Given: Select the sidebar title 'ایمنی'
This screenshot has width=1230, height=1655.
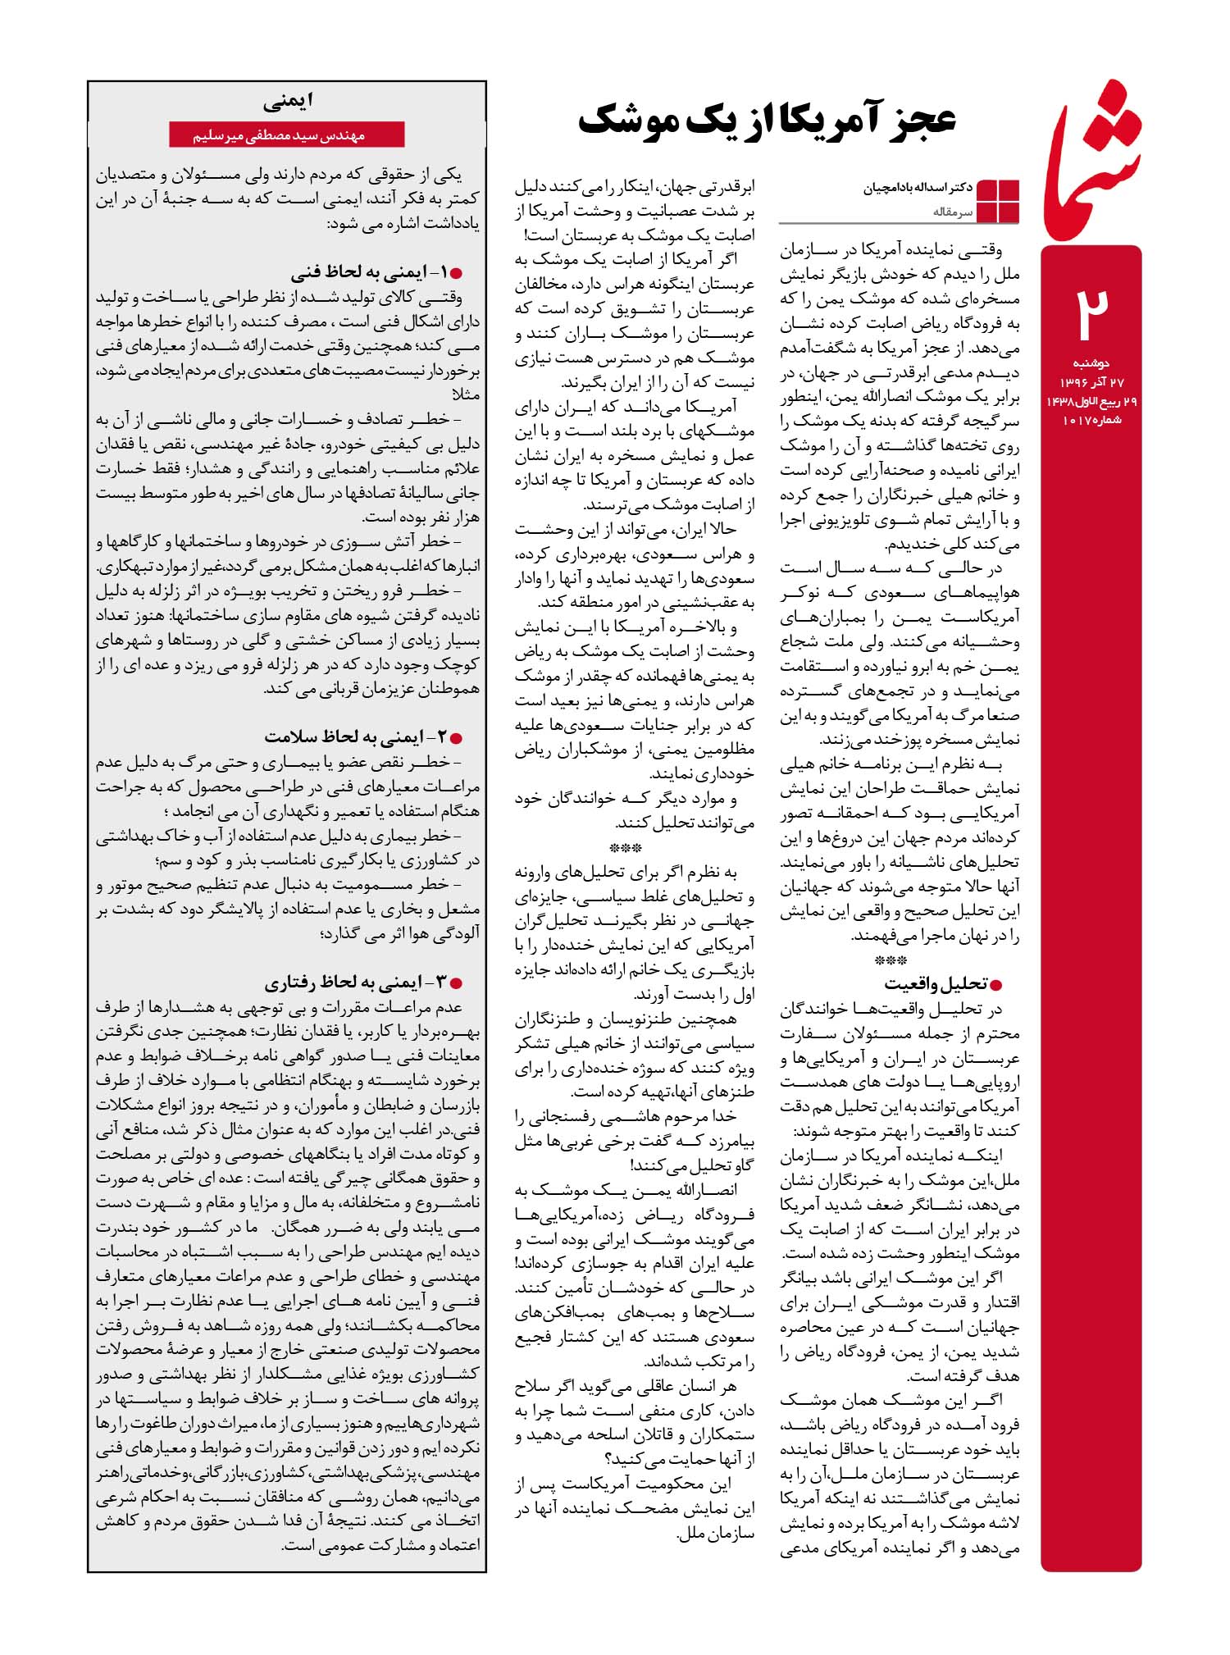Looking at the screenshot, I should click(x=288, y=103).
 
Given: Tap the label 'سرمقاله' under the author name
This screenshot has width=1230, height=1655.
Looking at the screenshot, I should click(x=952, y=212).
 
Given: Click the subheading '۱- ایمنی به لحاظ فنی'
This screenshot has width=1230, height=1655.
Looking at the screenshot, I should click(x=366, y=272).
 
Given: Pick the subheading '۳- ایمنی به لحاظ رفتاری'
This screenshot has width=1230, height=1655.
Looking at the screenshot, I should click(x=353, y=982).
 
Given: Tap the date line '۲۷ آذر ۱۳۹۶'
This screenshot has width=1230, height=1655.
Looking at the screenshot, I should click(x=1091, y=381).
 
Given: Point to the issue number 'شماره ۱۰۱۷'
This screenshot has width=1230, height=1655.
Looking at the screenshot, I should click(x=1091, y=420).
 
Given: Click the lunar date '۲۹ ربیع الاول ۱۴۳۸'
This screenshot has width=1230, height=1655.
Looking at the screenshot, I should click(x=1091, y=401).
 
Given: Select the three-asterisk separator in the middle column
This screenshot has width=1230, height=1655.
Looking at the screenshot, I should click(x=626, y=848).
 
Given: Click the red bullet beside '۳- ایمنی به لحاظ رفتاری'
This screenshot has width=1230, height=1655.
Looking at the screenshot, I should click(x=458, y=983).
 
